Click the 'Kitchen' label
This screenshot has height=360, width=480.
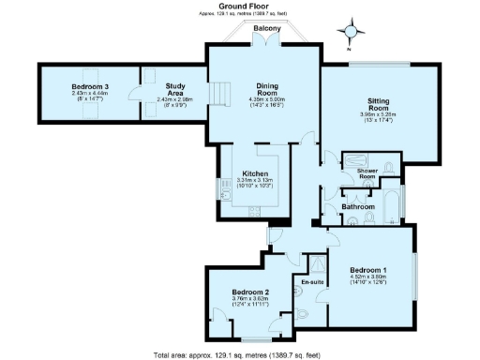[257, 173]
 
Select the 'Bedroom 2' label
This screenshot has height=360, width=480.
[250, 292]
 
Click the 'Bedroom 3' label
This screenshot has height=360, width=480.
[90, 87]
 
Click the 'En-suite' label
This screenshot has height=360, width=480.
[312, 281]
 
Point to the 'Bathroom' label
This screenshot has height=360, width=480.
[358, 206]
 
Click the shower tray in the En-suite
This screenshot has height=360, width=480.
[314, 264]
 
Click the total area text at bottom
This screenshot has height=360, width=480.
[239, 354]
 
